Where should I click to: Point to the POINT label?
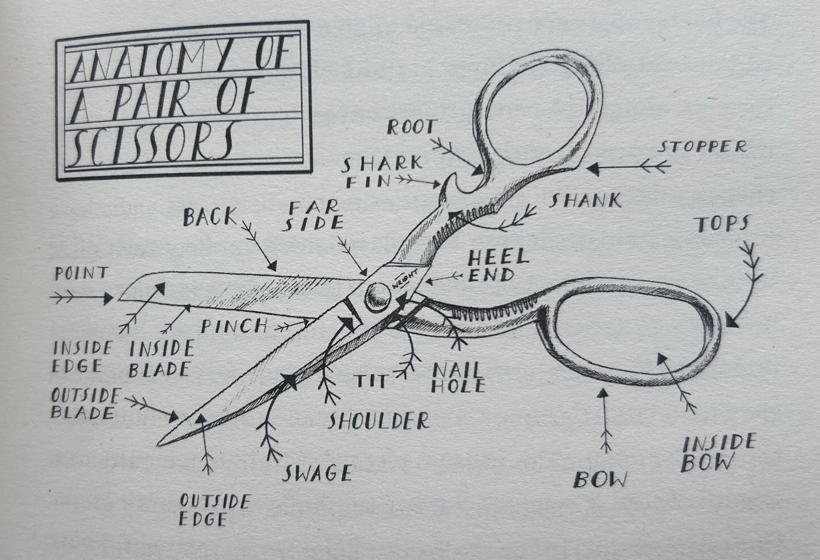point(81,273)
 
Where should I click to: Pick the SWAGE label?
point(318,473)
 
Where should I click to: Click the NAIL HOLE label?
point(458,378)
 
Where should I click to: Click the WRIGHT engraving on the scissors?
point(405,279)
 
